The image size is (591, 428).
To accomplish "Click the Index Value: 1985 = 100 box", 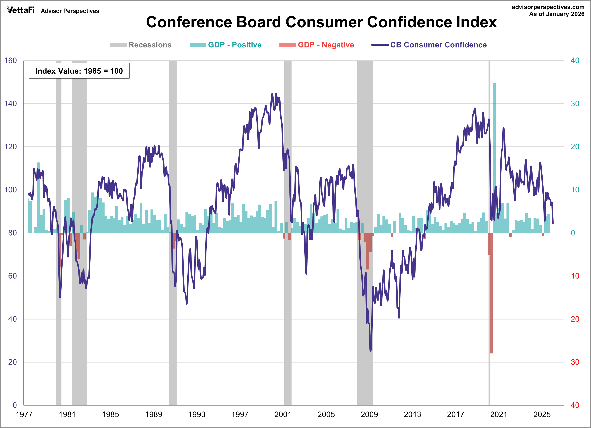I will tap(79, 71).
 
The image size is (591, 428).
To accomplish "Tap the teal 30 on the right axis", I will tap(575, 104).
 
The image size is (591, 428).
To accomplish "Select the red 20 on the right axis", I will tap(575, 319).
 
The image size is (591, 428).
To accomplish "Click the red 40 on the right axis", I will tap(575, 405).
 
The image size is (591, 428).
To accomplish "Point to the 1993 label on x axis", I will tap(197, 414).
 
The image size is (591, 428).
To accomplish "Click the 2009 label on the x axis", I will tap(369, 414).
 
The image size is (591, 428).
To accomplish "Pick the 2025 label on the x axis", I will tap(542, 414).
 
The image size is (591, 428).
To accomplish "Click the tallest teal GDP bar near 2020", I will tap(494, 156).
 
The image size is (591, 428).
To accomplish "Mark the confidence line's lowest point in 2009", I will tap(371, 351).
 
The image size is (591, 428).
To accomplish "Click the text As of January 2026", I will tap(557, 14).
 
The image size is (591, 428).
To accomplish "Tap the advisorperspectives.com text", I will tap(548, 7).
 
